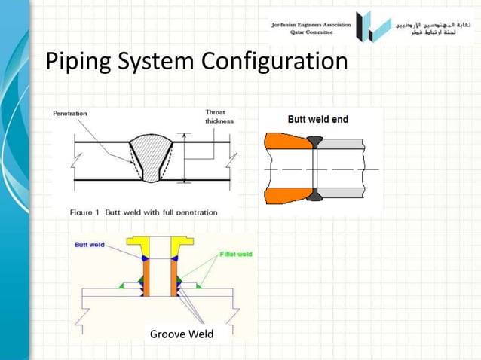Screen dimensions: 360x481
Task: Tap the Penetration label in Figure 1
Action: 69,113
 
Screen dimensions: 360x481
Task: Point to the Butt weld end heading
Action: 317,119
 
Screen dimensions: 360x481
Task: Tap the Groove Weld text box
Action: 181,333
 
